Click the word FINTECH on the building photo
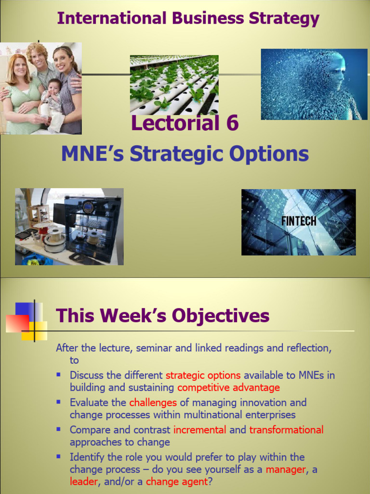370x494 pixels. pos(299,221)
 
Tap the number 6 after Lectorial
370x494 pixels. pos(230,123)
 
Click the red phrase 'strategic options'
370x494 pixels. pos(203,375)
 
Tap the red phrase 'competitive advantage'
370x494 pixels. pos(228,387)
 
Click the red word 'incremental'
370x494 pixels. pos(199,430)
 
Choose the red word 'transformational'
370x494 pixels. pos(286,430)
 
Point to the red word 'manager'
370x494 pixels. pos(286,469)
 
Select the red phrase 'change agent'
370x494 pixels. pos(176,481)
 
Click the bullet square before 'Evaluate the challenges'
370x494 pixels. pos(59,401)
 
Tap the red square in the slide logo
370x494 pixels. pos(17,323)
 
